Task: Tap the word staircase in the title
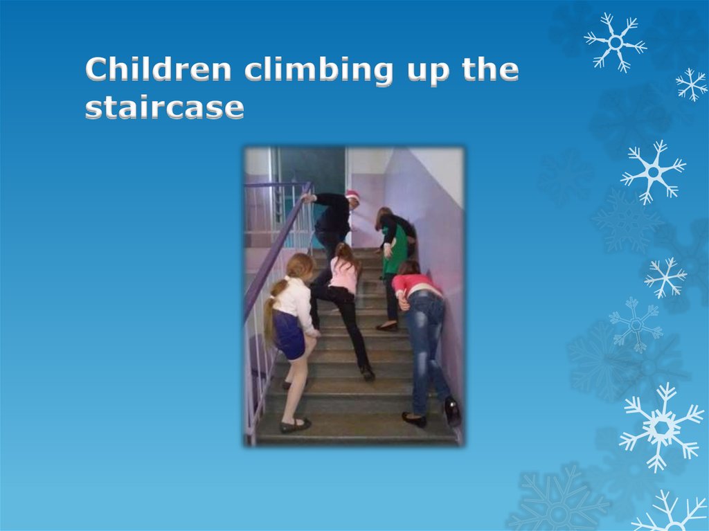[164, 108]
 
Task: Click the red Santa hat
[352, 196]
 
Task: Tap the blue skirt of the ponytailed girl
[289, 333]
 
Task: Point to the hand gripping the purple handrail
[305, 197]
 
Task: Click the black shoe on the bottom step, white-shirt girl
[294, 424]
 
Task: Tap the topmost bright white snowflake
[615, 42]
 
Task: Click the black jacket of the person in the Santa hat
[334, 215]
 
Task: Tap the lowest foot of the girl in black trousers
[367, 372]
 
